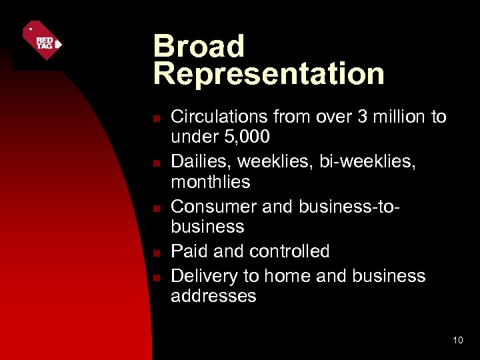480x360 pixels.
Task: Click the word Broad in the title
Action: click(199, 47)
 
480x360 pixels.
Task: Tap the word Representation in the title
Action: click(269, 74)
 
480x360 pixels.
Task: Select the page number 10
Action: click(457, 341)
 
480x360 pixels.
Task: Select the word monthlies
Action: click(211, 182)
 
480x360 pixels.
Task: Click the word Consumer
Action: click(215, 207)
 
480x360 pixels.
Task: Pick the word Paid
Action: click(189, 251)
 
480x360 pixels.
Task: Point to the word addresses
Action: click(213, 296)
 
